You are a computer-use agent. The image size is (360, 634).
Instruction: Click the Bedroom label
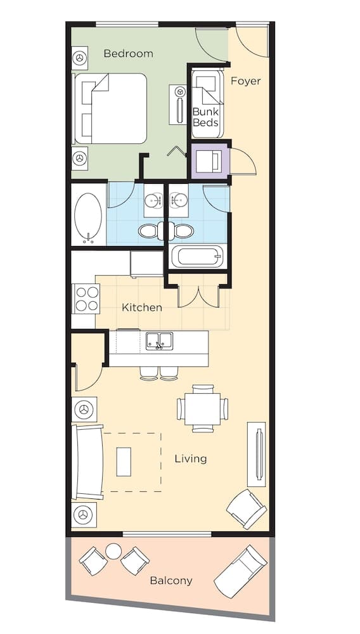coord(128,54)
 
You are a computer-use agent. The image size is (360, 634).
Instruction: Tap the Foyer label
coord(245,81)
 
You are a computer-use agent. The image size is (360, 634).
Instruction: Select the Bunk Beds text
coord(205,117)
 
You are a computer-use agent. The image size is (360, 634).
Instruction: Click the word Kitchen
coord(142,307)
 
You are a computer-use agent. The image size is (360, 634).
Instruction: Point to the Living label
coord(191,458)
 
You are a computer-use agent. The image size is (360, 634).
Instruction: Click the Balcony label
coord(171,580)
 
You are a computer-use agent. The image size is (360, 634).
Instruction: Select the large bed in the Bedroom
coord(112,108)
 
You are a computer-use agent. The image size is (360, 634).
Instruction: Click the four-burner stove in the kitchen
coord(86,299)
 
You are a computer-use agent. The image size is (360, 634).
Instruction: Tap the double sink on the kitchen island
coord(159,341)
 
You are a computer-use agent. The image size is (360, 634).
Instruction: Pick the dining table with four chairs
coord(203,409)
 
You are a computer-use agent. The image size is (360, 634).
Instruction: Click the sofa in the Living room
coord(88,462)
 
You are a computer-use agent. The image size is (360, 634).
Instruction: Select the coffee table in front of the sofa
coord(124,462)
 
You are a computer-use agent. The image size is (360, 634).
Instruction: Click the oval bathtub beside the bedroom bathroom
coord(88,215)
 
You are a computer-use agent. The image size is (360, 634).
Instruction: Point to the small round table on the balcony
coord(113,552)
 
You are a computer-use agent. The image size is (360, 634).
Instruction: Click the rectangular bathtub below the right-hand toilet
coord(198,257)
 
